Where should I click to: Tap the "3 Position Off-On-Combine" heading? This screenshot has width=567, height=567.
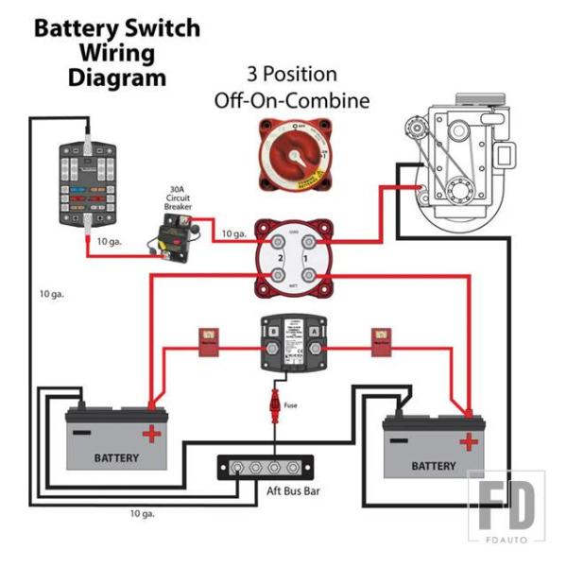click(x=291, y=86)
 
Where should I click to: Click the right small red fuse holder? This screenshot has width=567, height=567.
click(x=382, y=342)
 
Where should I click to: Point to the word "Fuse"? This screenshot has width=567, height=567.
click(x=291, y=405)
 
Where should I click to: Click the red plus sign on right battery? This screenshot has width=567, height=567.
click(x=468, y=441)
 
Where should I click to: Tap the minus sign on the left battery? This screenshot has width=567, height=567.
click(x=83, y=431)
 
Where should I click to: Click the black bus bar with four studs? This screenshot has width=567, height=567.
click(x=267, y=468)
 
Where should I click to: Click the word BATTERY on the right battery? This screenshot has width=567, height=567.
click(x=434, y=466)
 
